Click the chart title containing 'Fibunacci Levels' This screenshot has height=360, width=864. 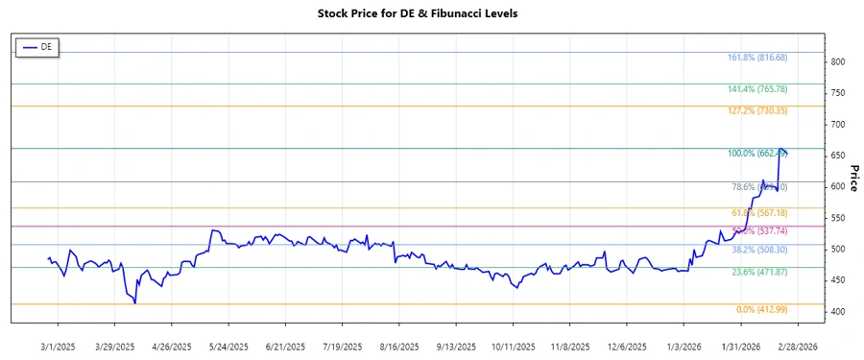tap(431, 14)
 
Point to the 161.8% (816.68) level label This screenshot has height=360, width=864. tap(757, 58)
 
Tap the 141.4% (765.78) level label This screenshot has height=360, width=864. tap(757, 89)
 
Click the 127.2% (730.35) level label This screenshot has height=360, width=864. tap(757, 111)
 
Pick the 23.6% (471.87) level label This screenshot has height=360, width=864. tap(757, 273)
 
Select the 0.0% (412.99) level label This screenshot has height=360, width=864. tap(761, 309)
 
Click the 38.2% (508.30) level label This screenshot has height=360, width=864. tap(757, 250)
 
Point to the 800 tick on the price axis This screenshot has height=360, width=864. tap(837, 61)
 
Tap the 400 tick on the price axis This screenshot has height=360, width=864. tap(837, 312)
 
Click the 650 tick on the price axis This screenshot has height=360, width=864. tap(837, 156)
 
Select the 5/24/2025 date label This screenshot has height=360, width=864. tap(229, 346)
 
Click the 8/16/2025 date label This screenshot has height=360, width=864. tap(398, 346)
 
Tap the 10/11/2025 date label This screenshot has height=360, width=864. tap(512, 346)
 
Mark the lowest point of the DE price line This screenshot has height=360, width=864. tap(135, 303)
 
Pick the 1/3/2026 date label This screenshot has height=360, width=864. tap(682, 346)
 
